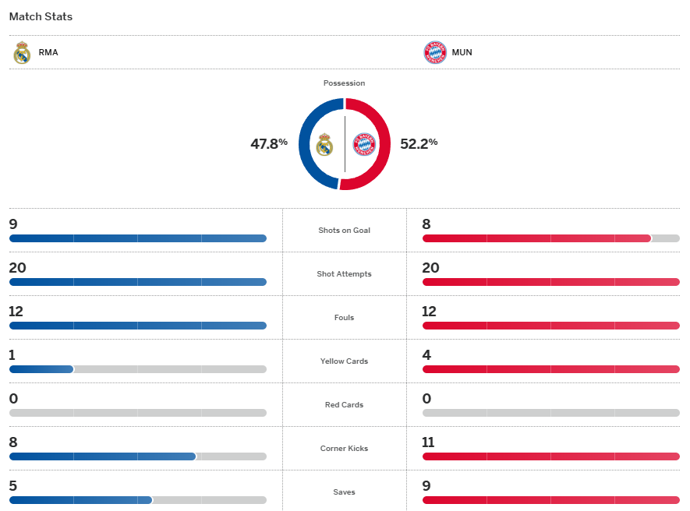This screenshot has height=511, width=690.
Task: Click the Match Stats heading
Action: coord(41,16)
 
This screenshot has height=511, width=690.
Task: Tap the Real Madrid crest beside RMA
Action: coord(22,53)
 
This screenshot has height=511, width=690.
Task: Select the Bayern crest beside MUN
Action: coord(434,53)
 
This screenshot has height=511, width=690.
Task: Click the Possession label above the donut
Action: coord(344,83)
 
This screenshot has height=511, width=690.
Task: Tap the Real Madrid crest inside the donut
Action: coord(324,144)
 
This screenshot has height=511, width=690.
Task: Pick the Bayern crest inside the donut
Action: coord(364,144)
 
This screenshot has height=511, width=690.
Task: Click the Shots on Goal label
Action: coord(344,231)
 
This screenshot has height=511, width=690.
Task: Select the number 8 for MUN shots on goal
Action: coord(426,224)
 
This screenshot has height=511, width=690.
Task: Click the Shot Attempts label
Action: coord(344,274)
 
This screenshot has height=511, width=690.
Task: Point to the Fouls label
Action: coord(344,318)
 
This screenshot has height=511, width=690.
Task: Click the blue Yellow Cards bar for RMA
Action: coord(41,369)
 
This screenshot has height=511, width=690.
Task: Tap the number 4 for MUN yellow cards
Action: coord(426,355)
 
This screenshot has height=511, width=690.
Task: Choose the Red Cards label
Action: coord(344,405)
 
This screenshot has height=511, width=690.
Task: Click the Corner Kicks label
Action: coord(344,449)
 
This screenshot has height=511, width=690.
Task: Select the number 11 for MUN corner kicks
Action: coord(429,442)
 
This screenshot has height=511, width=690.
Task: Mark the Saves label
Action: coord(344,492)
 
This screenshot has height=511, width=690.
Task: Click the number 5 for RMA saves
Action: coord(13,486)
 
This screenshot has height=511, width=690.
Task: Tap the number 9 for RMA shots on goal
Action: coord(13,224)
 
